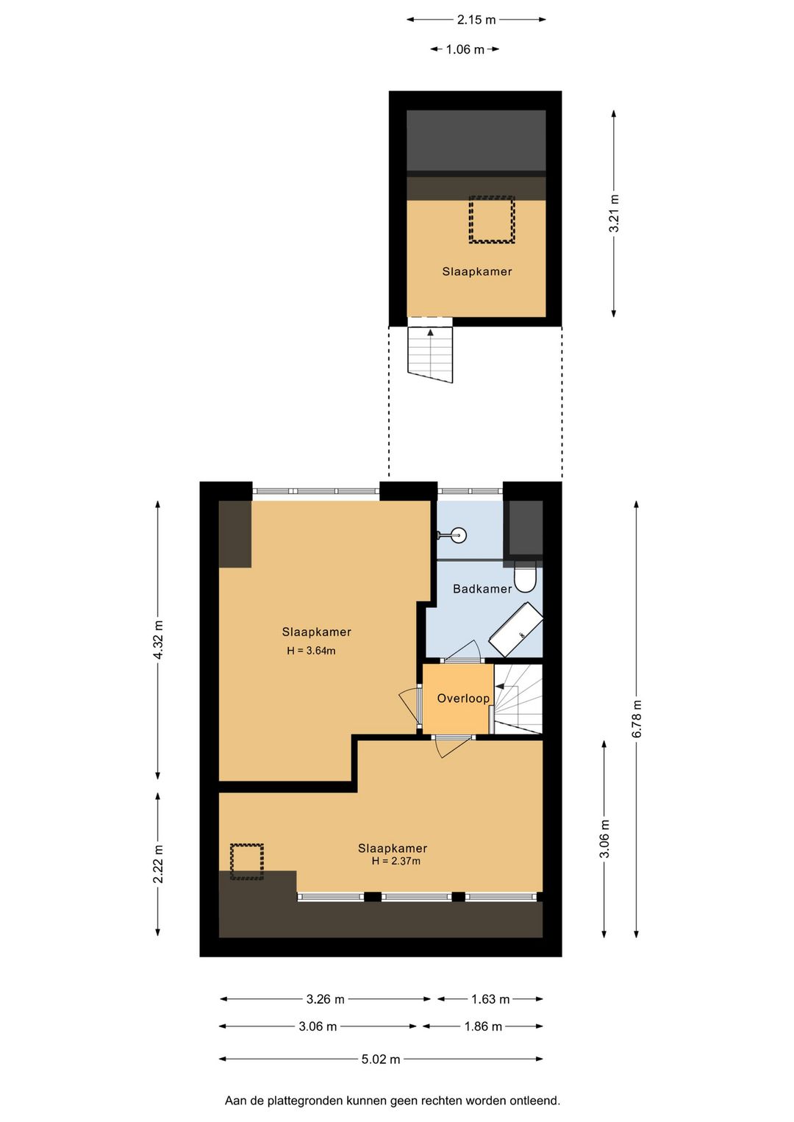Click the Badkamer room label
click(482, 588)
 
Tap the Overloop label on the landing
click(463, 698)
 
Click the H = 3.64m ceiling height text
click(311, 651)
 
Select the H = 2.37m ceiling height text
click(396, 861)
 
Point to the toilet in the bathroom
click(525, 576)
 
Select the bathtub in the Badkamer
click(516, 629)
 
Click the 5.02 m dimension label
click(381, 1059)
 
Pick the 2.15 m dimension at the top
click(476, 20)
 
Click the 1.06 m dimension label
click(465, 49)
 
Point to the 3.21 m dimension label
click(614, 213)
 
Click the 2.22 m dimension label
click(158, 863)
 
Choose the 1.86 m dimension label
click(483, 1026)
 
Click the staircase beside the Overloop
click(518, 699)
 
